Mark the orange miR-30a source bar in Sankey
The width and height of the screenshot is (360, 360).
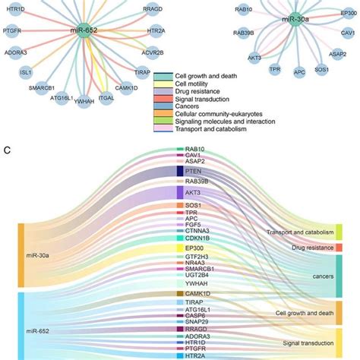(21, 255)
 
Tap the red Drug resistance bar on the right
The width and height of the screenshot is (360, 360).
(339, 248)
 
